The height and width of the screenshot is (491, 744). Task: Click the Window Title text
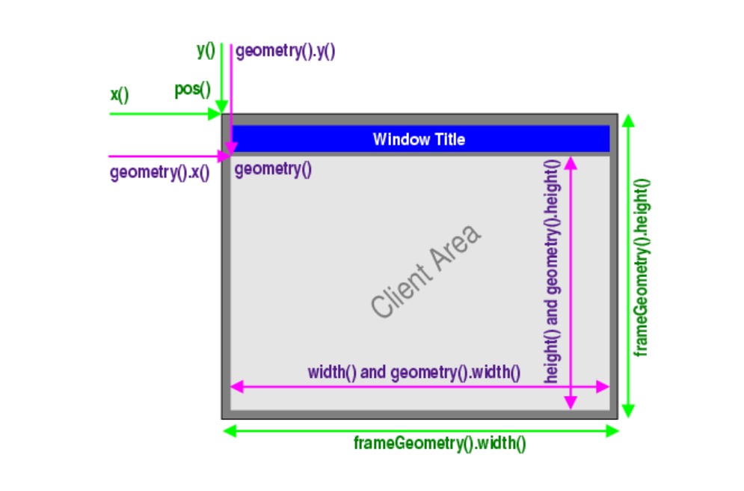(x=419, y=139)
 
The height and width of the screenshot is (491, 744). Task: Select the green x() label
(x=120, y=95)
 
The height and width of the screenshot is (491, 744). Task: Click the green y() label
(x=206, y=50)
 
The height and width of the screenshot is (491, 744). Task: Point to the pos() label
(x=192, y=90)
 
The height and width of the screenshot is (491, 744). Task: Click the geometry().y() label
(x=285, y=52)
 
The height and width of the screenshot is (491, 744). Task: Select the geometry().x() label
(x=159, y=173)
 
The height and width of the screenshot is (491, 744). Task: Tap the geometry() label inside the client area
(x=272, y=169)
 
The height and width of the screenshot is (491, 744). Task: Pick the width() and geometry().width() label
(x=413, y=372)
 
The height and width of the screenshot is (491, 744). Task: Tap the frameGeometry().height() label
(x=642, y=266)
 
